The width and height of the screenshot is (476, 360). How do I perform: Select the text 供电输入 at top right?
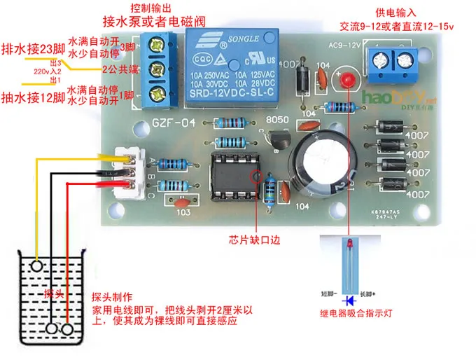click(x=396, y=13)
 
